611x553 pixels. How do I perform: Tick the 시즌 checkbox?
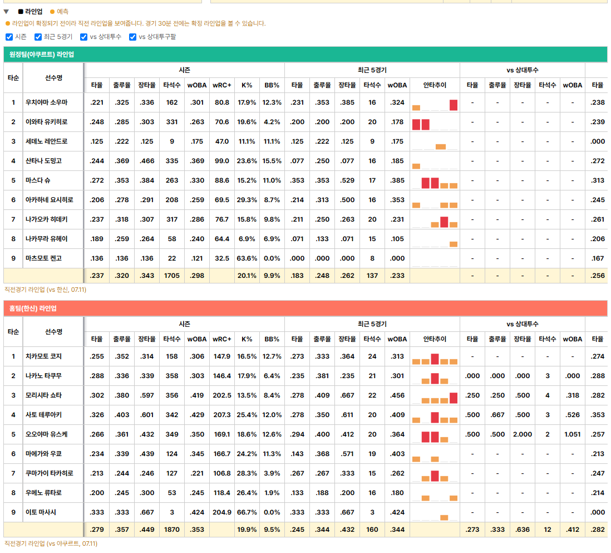pos(9,37)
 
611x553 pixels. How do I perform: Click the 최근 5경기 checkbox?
pos(38,37)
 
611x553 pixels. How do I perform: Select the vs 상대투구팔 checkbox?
pos(133,37)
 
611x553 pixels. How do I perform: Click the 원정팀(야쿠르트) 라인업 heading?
pos(42,55)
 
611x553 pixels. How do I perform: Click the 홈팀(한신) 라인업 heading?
pos(33,309)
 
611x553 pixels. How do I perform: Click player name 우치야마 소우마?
pos(46,102)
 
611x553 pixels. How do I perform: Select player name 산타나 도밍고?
pos(43,161)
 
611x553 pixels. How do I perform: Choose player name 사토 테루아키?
pos(43,415)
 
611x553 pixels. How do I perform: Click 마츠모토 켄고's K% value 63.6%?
pos(247,258)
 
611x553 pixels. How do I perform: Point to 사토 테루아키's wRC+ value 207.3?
pos(222,415)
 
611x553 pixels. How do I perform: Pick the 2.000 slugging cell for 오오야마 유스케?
pos(523,434)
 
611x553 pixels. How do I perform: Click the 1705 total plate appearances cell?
pos(172,276)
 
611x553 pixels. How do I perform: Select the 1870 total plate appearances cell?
pos(172,530)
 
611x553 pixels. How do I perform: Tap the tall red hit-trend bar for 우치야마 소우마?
pos(454,105)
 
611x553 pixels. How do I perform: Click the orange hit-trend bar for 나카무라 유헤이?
pos(454,244)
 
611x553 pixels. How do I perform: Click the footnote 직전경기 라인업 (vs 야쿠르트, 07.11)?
pos(51,544)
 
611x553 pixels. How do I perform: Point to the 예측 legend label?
pos(63,12)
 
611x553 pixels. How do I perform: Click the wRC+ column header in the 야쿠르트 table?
pos(222,85)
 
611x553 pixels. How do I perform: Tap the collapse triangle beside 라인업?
pos(6,12)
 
